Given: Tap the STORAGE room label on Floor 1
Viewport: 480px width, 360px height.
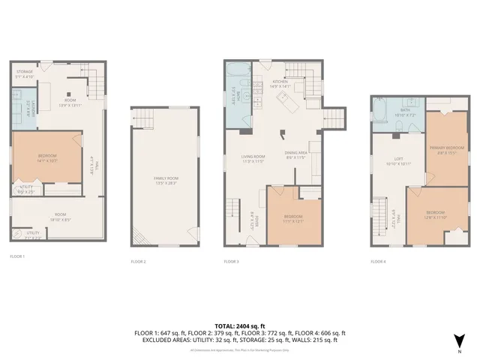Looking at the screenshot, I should click(x=25, y=74).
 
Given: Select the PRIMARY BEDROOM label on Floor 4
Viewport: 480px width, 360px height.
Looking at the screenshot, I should click(x=443, y=150).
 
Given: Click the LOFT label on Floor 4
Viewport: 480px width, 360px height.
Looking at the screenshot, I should click(x=399, y=159).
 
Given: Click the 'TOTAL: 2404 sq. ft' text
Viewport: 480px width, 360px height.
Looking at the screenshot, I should click(x=240, y=325).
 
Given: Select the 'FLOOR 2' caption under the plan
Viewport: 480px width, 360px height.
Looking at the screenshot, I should click(x=137, y=262).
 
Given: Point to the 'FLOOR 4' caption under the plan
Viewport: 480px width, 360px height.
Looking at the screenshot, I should click(x=379, y=262).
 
